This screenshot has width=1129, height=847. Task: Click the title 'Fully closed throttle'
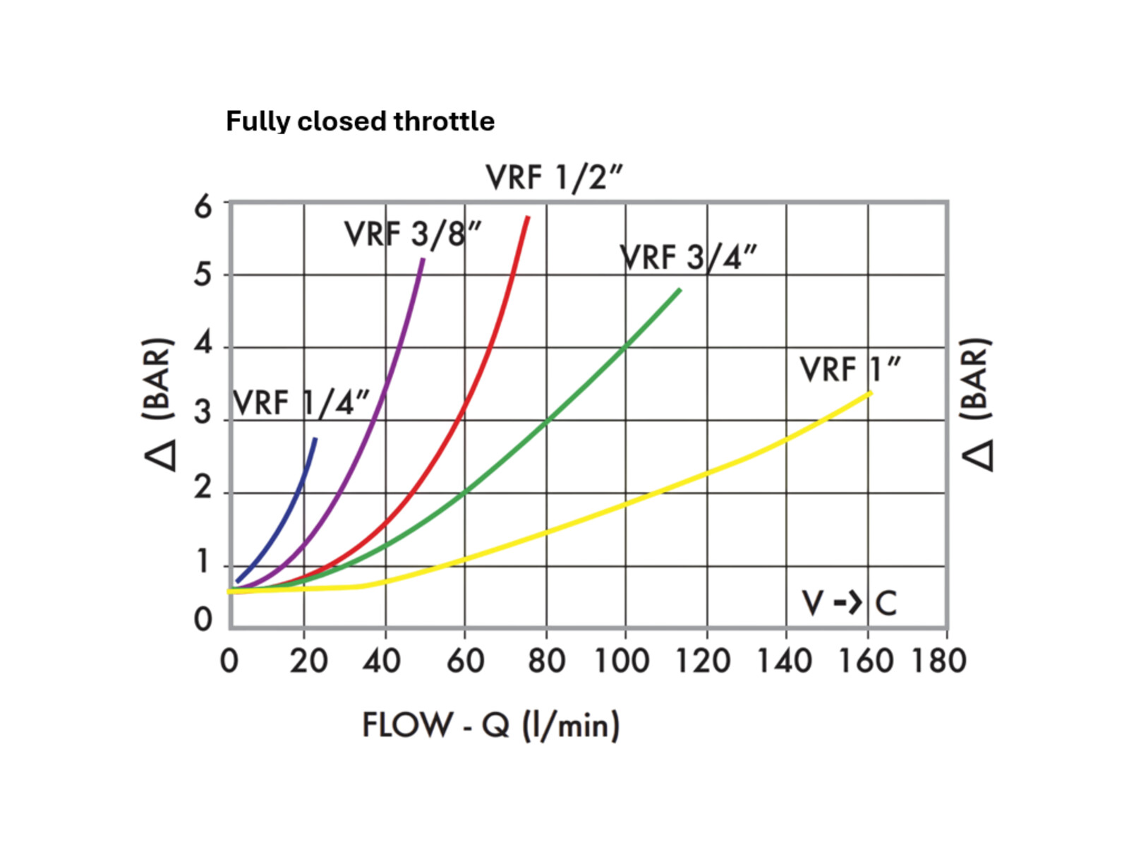(x=360, y=121)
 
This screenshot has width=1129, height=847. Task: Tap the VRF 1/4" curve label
(x=301, y=404)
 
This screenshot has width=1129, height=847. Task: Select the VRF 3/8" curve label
(x=413, y=234)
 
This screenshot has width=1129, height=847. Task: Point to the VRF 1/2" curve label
(x=555, y=178)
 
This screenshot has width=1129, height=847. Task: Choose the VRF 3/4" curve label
(x=688, y=258)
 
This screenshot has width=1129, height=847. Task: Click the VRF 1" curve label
(x=850, y=370)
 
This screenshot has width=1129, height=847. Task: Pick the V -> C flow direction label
(x=849, y=603)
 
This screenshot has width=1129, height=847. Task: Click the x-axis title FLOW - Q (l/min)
(x=491, y=726)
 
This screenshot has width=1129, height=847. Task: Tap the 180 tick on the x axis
(x=938, y=661)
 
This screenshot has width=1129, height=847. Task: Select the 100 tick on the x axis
(x=622, y=661)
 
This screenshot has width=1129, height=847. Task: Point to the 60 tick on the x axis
(x=465, y=661)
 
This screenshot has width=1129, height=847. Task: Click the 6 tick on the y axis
(x=203, y=207)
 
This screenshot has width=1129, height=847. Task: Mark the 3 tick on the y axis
(x=203, y=412)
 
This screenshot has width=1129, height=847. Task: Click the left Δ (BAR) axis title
(x=159, y=404)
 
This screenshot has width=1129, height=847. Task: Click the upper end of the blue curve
(x=315, y=439)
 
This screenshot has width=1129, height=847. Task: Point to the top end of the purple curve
(x=423, y=259)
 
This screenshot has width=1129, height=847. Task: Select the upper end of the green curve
(x=680, y=289)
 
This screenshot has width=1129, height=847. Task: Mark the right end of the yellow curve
(x=871, y=392)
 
